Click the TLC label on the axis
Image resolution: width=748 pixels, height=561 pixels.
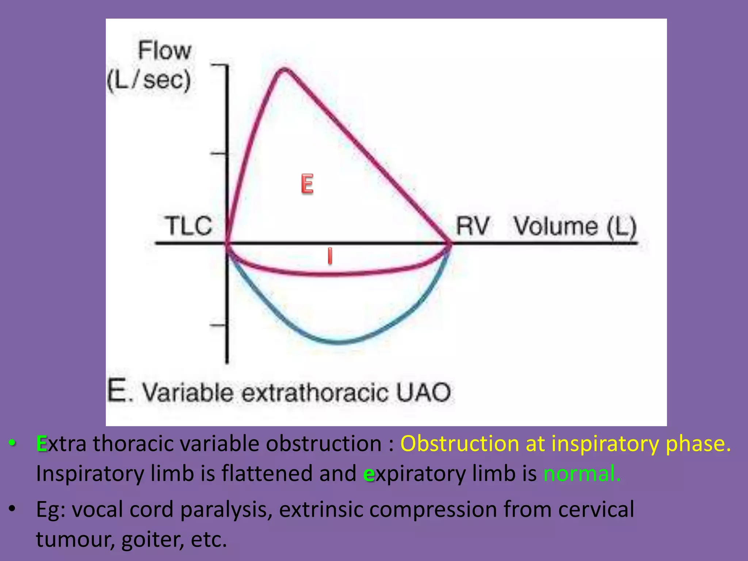[188, 225]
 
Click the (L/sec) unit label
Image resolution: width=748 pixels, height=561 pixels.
[149, 80]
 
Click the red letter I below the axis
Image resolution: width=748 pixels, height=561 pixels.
[330, 256]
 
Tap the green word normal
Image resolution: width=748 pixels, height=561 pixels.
[582, 473]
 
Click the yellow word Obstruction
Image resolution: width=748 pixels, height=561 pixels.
[459, 443]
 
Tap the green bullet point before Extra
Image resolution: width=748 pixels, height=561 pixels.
[12, 443]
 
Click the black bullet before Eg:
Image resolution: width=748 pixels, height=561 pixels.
[12, 508]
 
